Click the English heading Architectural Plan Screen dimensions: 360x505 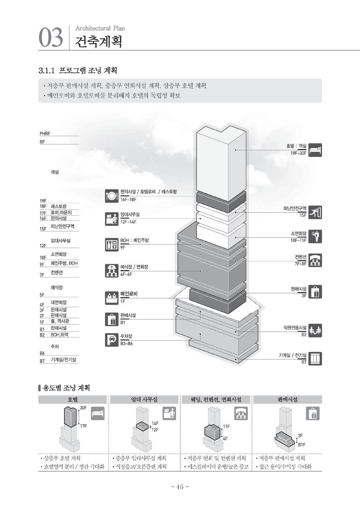[x=100, y=28]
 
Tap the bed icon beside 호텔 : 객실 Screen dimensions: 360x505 [x=315, y=150]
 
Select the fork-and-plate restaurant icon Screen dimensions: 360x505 [x=112, y=195]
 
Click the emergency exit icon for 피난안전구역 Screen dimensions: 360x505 [x=315, y=212]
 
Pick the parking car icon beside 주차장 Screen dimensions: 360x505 [x=112, y=340]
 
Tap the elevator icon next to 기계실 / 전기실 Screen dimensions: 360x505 [x=315, y=359]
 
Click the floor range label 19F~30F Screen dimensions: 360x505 [x=298, y=153]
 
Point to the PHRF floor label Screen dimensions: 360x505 [x=45, y=133]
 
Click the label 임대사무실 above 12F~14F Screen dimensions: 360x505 [x=130, y=214]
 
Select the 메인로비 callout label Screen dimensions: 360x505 [x=129, y=294]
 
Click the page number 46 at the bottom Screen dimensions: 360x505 [x=180, y=487]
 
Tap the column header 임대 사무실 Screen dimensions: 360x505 [x=144, y=400]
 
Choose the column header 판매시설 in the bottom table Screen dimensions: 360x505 [x=287, y=400]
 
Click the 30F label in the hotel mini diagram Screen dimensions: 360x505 [x=83, y=408]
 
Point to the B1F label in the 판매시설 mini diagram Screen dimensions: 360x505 [x=302, y=444]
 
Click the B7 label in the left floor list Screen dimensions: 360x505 [x=42, y=361]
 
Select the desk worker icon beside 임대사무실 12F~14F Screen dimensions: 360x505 [x=112, y=219]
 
